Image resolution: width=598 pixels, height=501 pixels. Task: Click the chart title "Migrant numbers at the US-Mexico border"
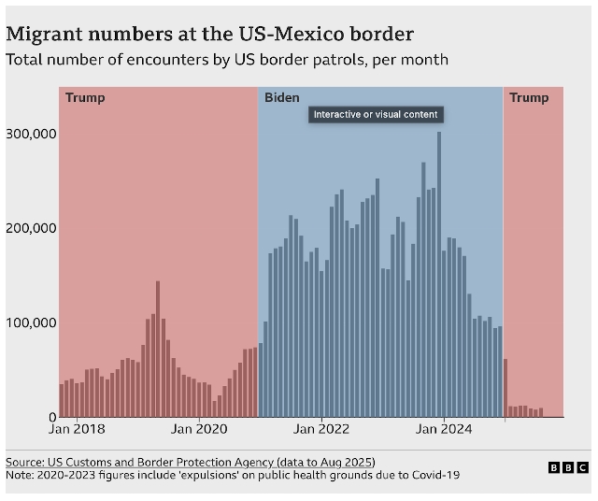(210, 34)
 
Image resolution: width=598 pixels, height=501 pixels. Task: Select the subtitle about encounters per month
(227, 60)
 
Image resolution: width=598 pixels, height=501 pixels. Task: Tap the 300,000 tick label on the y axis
(32, 133)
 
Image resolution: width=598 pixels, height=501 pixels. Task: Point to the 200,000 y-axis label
(32, 228)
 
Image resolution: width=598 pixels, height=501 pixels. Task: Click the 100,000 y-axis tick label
(32, 322)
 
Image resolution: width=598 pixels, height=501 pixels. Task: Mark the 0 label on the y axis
(52, 417)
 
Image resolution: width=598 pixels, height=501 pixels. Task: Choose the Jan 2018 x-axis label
(77, 430)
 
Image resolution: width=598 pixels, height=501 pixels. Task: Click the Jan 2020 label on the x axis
(198, 430)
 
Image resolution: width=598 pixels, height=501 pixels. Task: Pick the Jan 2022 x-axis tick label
(320, 430)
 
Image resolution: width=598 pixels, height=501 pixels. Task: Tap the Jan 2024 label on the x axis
(443, 430)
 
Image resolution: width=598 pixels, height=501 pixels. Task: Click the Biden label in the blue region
(281, 97)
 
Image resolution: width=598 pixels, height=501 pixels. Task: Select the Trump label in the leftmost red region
(85, 97)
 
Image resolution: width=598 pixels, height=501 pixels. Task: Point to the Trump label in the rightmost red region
(529, 97)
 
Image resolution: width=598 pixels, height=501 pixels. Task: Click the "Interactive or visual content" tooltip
(375, 115)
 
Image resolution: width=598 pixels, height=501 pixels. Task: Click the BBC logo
(568, 467)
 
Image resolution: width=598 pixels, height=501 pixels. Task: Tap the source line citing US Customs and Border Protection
(190, 462)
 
